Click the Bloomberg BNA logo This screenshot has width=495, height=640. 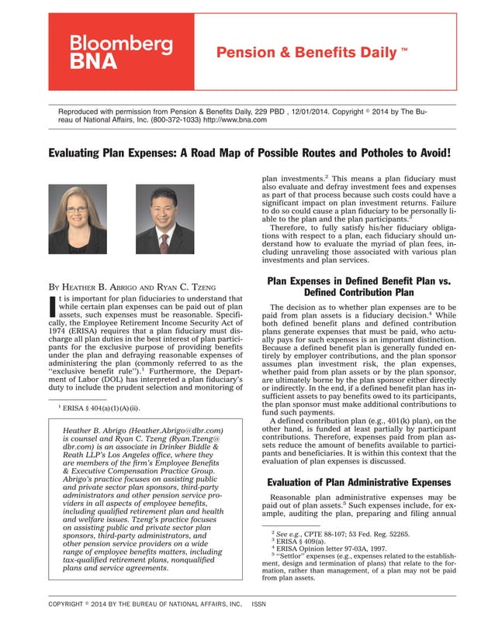121,52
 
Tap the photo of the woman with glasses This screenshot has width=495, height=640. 78,219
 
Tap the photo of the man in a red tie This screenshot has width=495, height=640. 165,219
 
